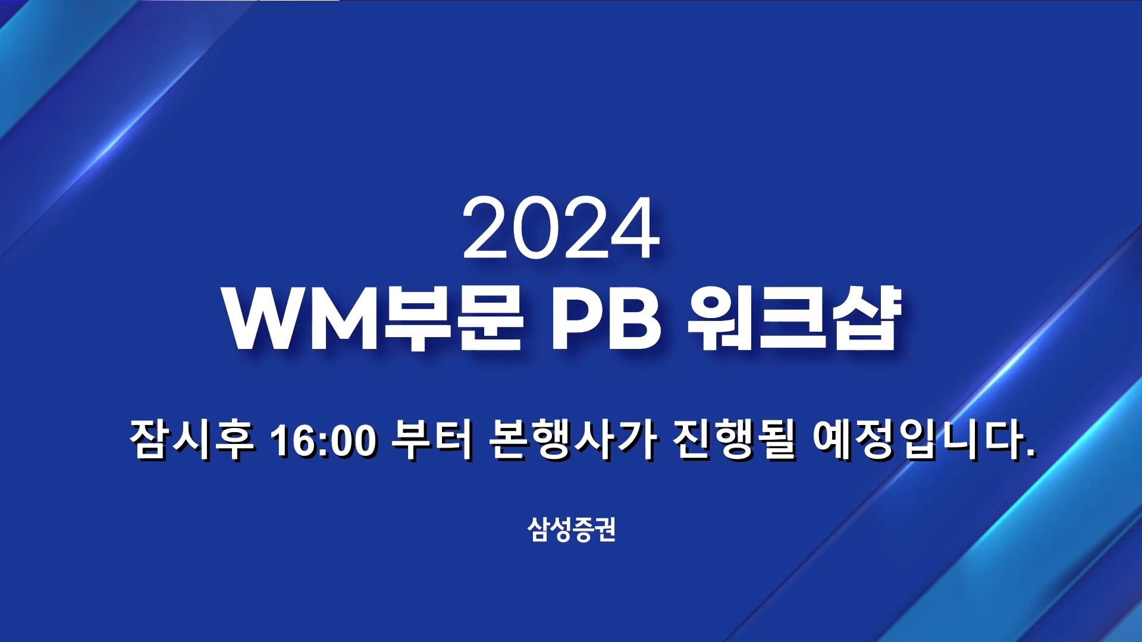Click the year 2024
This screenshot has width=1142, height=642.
pyautogui.click(x=561, y=228)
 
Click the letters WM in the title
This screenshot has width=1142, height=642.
pyautogui.click(x=302, y=320)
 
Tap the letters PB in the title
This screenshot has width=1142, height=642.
pyautogui.click(x=605, y=320)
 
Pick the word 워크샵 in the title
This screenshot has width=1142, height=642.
pyautogui.click(x=794, y=320)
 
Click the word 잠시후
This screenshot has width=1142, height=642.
pyautogui.click(x=192, y=439)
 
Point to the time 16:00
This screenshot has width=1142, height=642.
pyautogui.click(x=323, y=440)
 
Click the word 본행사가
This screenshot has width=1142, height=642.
pyautogui.click(x=573, y=439)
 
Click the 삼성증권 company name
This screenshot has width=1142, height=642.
pyautogui.click(x=571, y=529)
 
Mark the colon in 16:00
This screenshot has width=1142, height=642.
pyautogui.click(x=324, y=443)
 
